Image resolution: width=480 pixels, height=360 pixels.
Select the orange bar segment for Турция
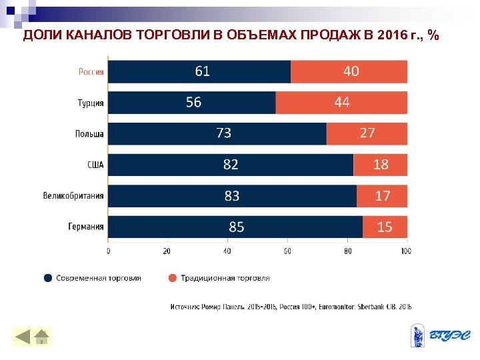click(341, 102)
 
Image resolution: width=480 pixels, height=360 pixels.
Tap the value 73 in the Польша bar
click(224, 133)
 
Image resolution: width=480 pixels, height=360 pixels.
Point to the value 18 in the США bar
click(381, 164)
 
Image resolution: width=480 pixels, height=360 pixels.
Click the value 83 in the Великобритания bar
click(231, 196)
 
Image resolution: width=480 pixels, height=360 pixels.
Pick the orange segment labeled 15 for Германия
click(385, 227)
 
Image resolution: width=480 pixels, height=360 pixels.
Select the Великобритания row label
click(73, 196)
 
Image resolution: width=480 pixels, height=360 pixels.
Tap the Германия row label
click(85, 227)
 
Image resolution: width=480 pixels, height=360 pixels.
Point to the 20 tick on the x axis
click(167, 251)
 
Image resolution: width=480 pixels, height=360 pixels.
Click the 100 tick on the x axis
click(405, 251)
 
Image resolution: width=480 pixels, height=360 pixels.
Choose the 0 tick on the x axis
click(109, 251)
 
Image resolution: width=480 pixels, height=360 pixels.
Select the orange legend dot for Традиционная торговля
click(172, 278)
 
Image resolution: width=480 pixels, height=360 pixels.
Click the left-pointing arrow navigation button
click(23, 337)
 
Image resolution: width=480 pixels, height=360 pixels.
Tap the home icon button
click(41, 337)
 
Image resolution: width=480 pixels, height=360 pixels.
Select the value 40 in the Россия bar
click(351, 71)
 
